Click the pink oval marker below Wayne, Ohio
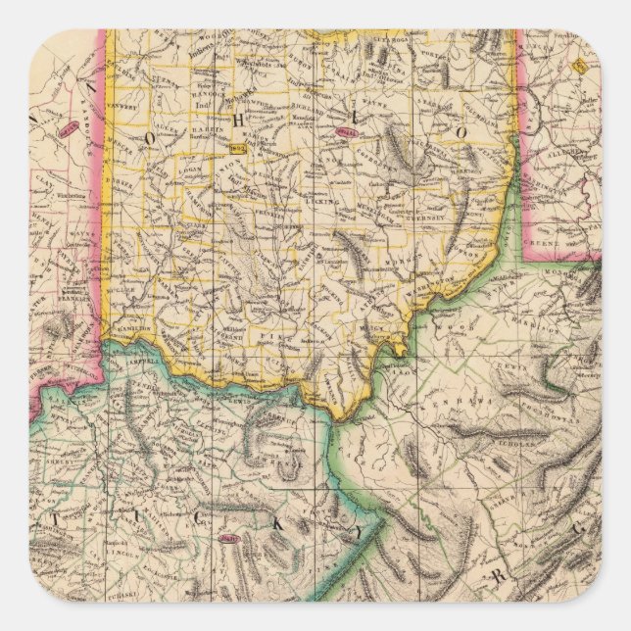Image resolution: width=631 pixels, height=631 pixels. (347, 133)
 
